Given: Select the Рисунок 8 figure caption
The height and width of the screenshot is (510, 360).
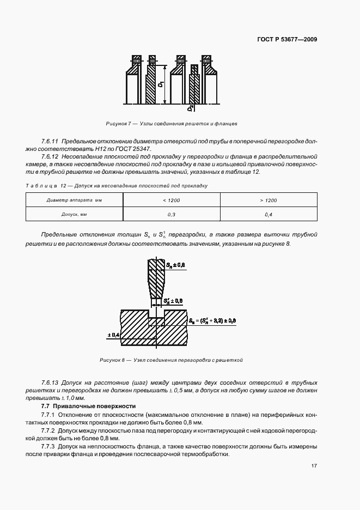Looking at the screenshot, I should click(170, 360).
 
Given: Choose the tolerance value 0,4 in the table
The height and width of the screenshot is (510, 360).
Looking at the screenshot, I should click(269, 215).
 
